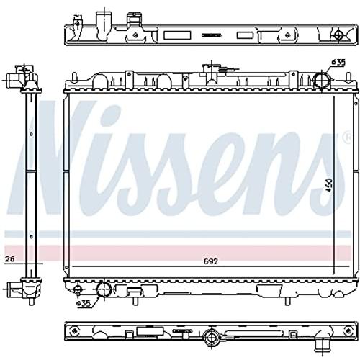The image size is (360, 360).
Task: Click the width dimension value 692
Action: click(x=210, y=261)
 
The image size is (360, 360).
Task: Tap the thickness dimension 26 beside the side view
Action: click(x=10, y=258)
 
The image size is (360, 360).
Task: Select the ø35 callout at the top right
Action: click(x=338, y=63)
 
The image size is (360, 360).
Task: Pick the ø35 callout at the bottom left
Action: click(x=84, y=304)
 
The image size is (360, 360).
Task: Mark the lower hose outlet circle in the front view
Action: click(x=104, y=290)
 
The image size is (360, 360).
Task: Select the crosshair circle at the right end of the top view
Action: click(x=338, y=35)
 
